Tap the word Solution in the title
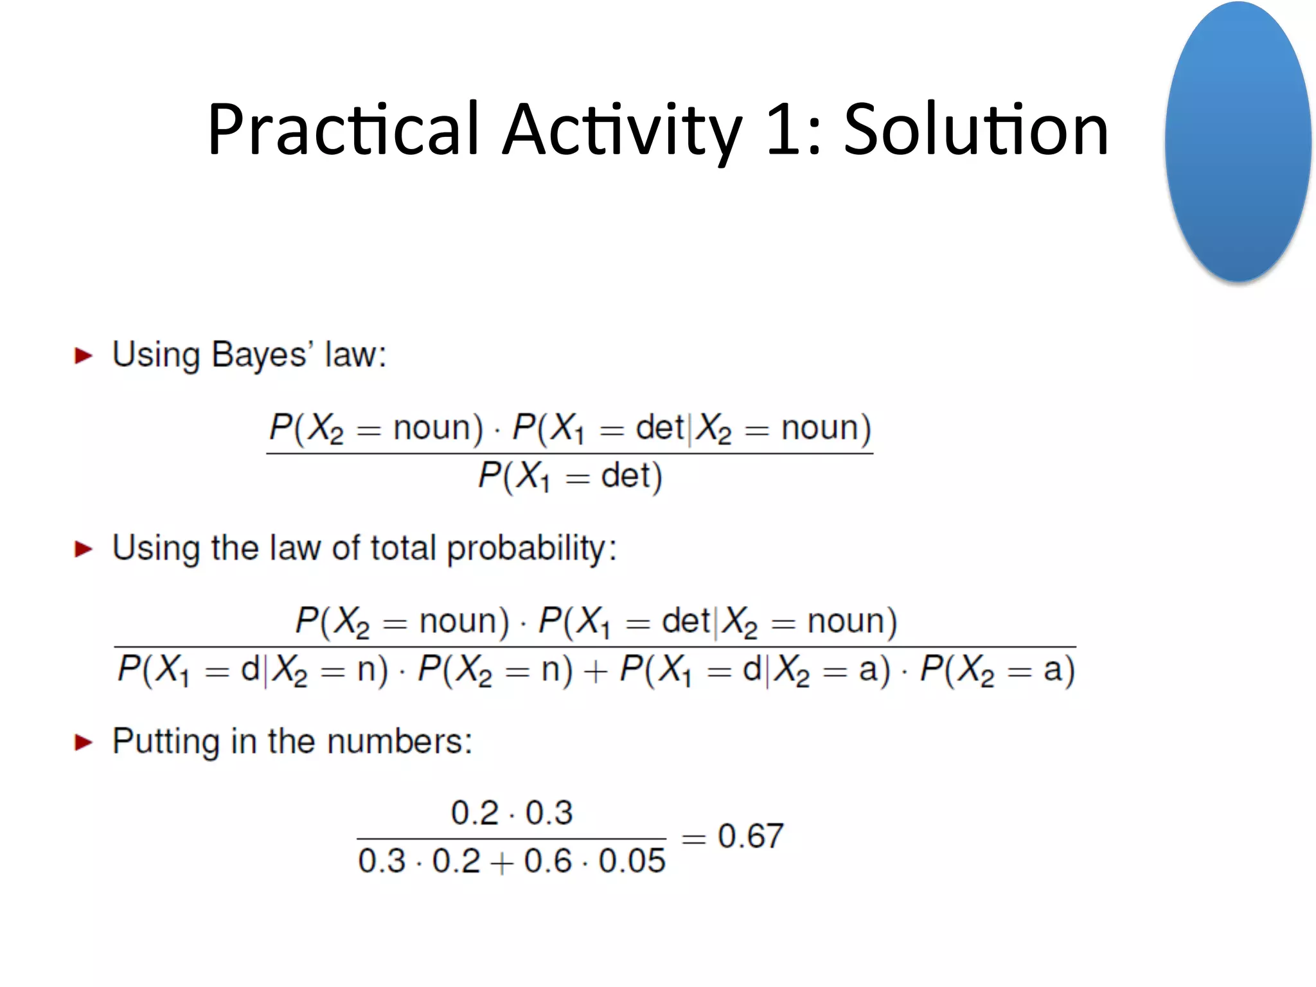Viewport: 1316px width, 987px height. pos(975,130)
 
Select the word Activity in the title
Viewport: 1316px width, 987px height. pos(621,130)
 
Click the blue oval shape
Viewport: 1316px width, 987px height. pos(1237,141)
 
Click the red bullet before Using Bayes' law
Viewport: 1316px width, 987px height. pos(84,355)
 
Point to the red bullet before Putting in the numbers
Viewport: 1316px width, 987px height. pos(84,742)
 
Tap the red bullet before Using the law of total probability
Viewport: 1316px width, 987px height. pos(84,549)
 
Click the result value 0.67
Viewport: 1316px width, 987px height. pos(751,837)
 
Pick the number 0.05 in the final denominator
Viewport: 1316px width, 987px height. pos(632,861)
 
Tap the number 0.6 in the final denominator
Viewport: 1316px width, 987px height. pos(547,861)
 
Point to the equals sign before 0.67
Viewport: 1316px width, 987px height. pos(693,838)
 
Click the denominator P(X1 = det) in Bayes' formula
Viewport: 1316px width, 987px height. pos(570,477)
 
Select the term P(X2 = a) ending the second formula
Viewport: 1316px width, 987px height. pos(997,670)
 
